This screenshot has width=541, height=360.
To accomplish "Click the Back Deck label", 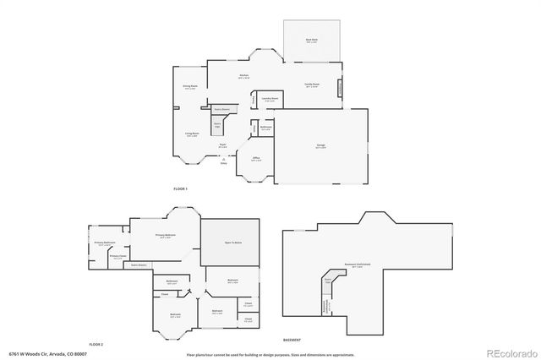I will coord(311,40).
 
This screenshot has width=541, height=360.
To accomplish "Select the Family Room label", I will coord(311,85).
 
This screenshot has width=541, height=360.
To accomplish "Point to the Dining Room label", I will coord(190,86).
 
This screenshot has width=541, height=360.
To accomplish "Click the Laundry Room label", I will coord(270,98).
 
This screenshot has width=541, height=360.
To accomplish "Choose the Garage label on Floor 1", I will coord(321,146).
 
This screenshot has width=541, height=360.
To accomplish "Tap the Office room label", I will coord(256,158).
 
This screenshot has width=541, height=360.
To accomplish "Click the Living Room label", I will coord(192,134).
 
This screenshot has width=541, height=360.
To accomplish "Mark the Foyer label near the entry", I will coord(222,146).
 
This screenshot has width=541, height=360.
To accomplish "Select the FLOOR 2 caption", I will coord(96,344).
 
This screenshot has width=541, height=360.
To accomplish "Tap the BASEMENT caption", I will coord(292,338).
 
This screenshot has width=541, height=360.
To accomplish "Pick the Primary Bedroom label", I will coord(165,236).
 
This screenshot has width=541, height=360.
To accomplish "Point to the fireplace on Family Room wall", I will coord(341,88).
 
